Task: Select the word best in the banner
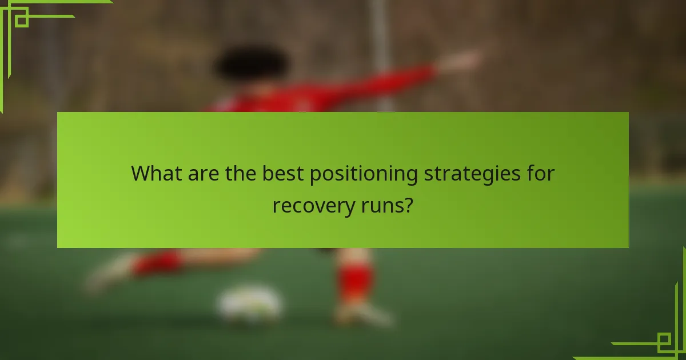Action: pos(283,174)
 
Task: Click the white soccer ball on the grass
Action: pos(249,303)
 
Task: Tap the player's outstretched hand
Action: pos(466,59)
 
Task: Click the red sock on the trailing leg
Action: pos(157,263)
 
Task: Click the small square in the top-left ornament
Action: pos(22,20)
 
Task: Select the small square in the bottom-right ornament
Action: pos(664,342)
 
